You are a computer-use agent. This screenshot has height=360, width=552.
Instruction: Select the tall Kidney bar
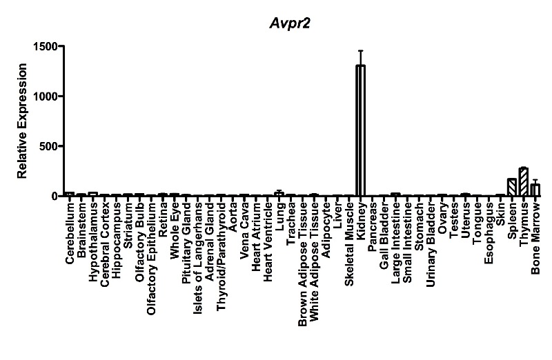point(360,131)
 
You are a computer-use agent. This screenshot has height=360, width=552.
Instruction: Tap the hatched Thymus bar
point(524,182)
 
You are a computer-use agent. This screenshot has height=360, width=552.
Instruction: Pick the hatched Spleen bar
point(512,188)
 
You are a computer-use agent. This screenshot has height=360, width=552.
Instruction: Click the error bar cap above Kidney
point(360,50)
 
